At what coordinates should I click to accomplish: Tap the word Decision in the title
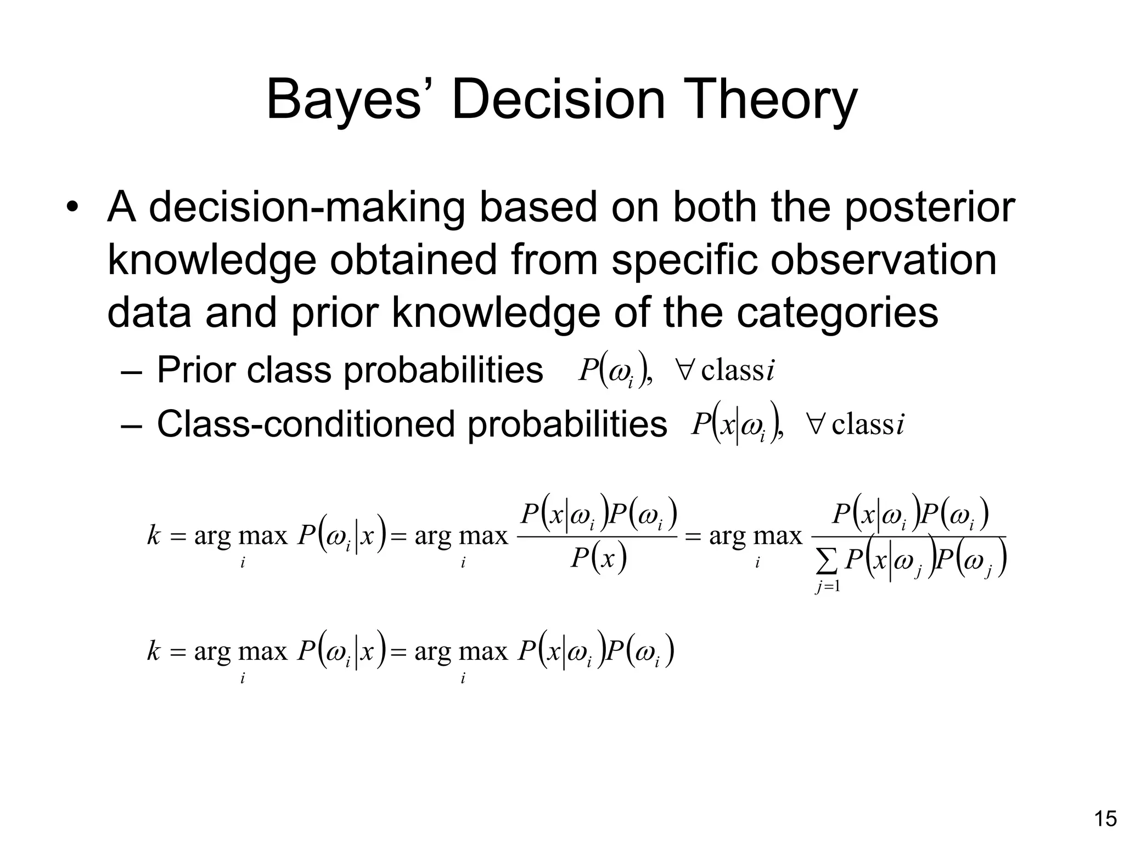pyautogui.click(x=558, y=100)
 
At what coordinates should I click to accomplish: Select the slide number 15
pyautogui.click(x=1105, y=819)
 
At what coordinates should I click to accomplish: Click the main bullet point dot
pyautogui.click(x=72, y=208)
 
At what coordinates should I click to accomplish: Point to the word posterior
pyautogui.click(x=929, y=209)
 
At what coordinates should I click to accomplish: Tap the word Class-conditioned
pyautogui.click(x=306, y=424)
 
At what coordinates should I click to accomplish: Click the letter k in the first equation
pyautogui.click(x=153, y=535)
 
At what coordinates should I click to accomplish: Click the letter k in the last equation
pyautogui.click(x=153, y=651)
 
